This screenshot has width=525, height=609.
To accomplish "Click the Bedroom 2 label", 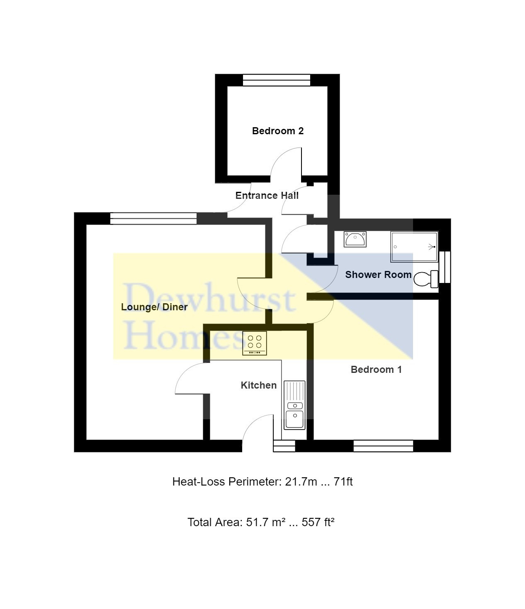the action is coord(277,131).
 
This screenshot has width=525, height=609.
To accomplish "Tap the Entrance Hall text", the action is coord(267,196).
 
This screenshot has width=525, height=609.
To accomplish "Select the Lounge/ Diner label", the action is coord(154,307).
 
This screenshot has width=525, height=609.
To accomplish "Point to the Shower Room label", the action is coord(379,275).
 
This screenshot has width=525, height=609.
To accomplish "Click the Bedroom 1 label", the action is coord(377,370).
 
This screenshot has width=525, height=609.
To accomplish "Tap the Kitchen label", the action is coord(259,385).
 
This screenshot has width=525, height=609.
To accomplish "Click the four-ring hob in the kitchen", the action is coord(255,343).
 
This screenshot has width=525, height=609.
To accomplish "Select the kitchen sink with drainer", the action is coord(294,405).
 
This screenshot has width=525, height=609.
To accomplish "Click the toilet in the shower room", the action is coord(426,279).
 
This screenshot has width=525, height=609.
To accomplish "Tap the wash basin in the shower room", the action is coord(355,239).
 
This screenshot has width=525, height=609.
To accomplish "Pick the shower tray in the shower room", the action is coord(414,247).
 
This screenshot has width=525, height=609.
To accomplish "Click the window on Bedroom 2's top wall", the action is coord(277,80).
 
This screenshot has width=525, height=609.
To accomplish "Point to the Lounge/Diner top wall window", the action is coord(153,218).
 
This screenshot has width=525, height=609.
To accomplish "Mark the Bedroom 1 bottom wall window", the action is coord(383,446).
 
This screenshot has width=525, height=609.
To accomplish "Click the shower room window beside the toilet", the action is coord(445,267).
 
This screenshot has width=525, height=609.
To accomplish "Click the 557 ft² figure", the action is coord(318,522).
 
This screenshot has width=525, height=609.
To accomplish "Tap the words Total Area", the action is coord(215,522).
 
